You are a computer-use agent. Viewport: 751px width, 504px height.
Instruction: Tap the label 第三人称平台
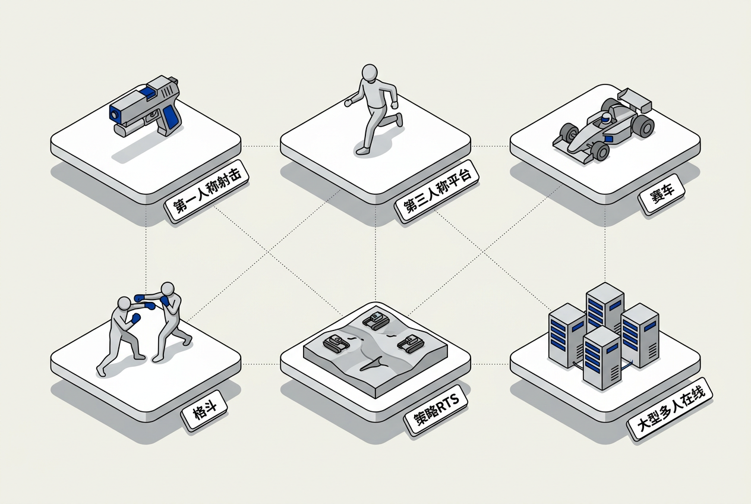click(x=437, y=190)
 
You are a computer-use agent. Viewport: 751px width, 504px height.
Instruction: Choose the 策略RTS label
click(x=436, y=410)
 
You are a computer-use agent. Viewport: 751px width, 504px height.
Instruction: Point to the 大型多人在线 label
click(x=670, y=409)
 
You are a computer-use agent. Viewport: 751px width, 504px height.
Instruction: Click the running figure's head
click(x=370, y=73)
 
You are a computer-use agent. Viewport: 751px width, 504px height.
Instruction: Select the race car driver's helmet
click(x=606, y=117)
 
